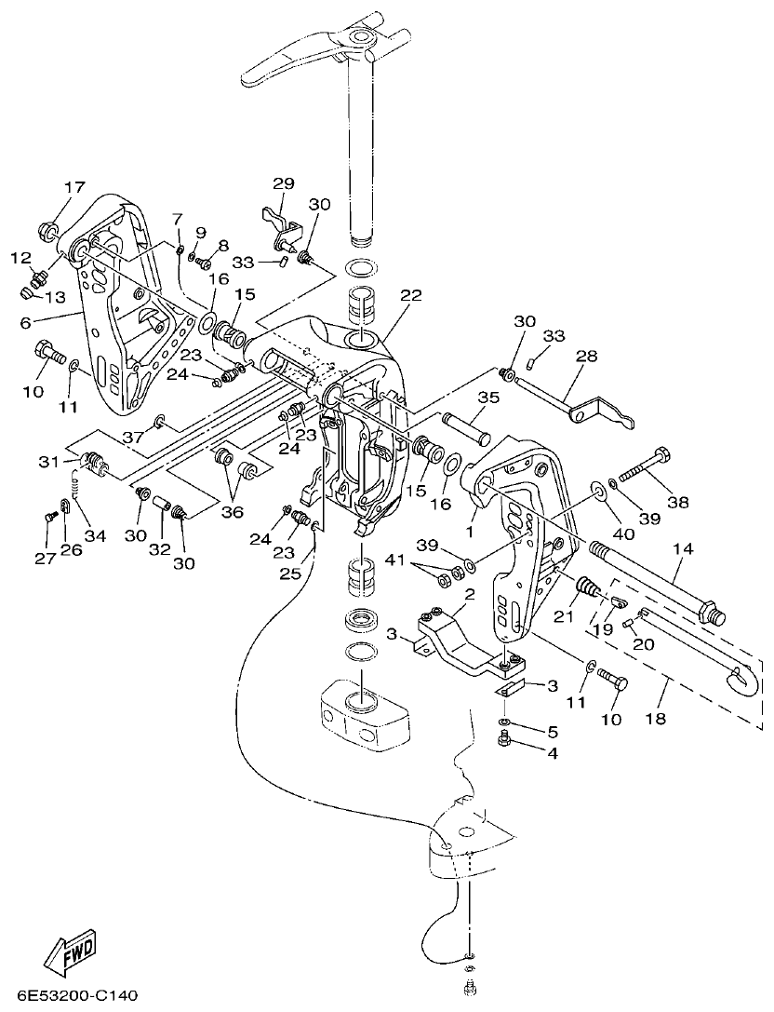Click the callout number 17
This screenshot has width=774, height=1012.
pyautogui.click(x=73, y=187)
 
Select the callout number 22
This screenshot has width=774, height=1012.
pyautogui.click(x=410, y=295)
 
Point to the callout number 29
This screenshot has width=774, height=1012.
pyautogui.click(x=284, y=182)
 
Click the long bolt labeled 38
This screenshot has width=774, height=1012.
pyautogui.click(x=643, y=467)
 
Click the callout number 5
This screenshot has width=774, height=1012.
pyautogui.click(x=552, y=731)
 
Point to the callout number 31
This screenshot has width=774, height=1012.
pyautogui.click(x=48, y=462)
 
